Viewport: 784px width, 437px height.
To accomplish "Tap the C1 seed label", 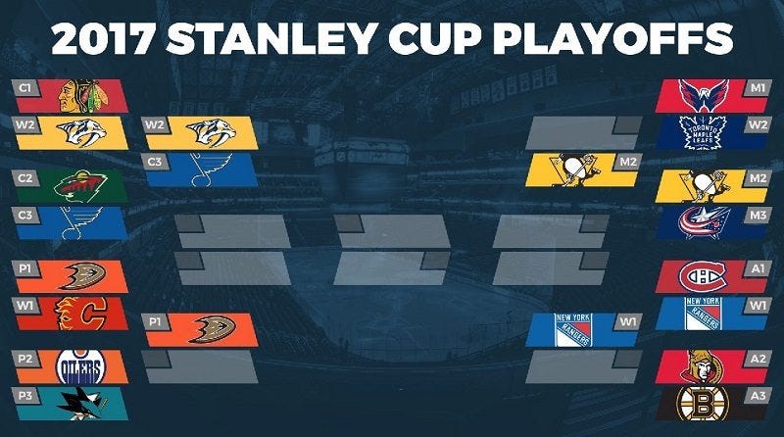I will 27,87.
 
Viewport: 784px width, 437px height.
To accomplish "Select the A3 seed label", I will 757,395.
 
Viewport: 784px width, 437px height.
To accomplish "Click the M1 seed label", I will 757,87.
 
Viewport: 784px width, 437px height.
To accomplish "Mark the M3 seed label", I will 757,215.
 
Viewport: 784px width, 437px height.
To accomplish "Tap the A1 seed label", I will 757,268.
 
